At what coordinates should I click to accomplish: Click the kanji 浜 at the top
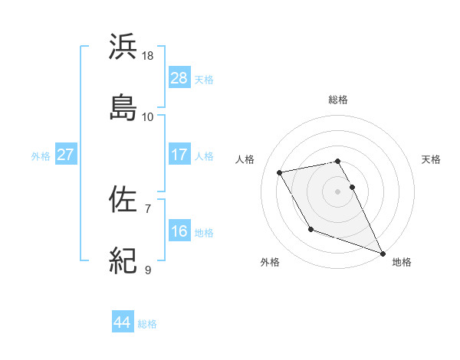click(123, 47)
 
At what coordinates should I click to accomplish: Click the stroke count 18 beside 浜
click(148, 56)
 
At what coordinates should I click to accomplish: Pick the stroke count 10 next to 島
click(148, 116)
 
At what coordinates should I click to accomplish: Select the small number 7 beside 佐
click(148, 209)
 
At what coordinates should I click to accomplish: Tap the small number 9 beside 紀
click(148, 270)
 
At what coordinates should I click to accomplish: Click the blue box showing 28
click(179, 78)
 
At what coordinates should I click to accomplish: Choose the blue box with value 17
click(179, 155)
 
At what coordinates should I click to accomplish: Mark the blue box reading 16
click(179, 231)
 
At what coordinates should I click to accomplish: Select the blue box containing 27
click(66, 155)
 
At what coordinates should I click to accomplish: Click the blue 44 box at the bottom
click(123, 322)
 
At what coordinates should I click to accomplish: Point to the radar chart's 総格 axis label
click(338, 100)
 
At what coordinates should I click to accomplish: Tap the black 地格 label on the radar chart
click(402, 262)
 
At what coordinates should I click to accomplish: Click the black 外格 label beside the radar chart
click(270, 262)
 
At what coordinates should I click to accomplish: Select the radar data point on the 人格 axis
click(280, 172)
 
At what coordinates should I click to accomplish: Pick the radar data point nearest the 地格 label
click(383, 253)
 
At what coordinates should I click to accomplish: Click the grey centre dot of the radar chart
click(338, 191)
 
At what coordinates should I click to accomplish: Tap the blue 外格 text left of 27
click(41, 155)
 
